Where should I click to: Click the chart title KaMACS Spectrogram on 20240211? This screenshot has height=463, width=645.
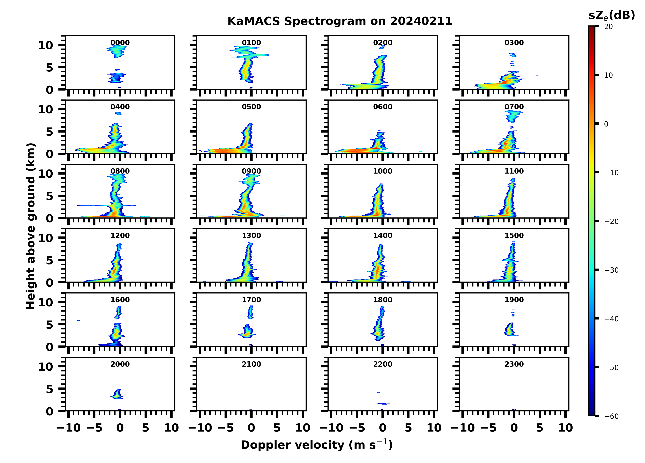pos(340,21)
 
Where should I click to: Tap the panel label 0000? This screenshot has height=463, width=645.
pos(120,43)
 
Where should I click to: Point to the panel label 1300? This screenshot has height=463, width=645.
pos(251,235)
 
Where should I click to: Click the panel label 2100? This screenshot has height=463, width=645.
pos(251,364)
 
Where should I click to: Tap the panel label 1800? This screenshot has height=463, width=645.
pos(382,300)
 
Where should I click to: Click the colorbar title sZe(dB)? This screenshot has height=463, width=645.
pos(612,16)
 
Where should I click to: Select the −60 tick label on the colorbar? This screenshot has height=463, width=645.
pos(612,416)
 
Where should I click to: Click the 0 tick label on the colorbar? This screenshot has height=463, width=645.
pos(606,124)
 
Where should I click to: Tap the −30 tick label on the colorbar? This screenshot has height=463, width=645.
pos(612,270)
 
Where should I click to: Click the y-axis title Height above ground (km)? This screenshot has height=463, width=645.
pos(31,226)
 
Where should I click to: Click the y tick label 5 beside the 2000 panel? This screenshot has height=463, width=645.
pos(50,389)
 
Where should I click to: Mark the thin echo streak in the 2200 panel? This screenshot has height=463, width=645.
pos(383,404)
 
